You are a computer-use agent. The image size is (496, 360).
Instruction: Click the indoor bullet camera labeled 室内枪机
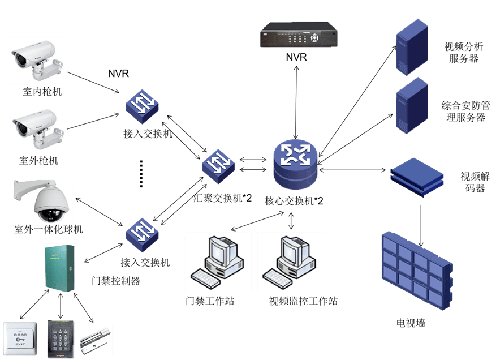click(38, 61)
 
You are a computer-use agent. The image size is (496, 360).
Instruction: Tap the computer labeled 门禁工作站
click(217, 261)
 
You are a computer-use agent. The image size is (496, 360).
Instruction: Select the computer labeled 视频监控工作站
click(290, 261)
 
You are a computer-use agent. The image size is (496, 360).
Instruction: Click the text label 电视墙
click(411, 324)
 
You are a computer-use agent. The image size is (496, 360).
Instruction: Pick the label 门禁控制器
click(115, 280)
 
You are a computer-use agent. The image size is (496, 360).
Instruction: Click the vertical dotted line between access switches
click(142, 174)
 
